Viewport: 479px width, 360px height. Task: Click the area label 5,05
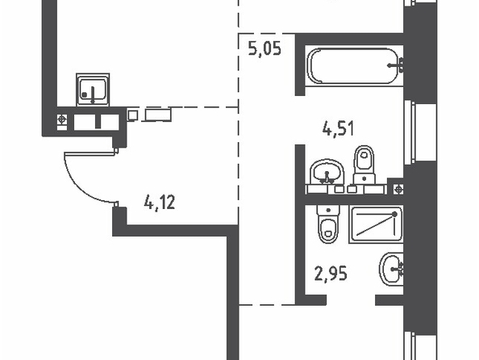(x=264, y=49)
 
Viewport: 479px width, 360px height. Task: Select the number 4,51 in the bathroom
(x=339, y=128)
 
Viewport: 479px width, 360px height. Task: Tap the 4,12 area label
(x=160, y=202)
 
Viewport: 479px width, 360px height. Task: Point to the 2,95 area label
(x=331, y=274)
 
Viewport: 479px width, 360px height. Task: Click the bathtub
(x=354, y=65)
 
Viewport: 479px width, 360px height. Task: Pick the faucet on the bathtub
(x=396, y=65)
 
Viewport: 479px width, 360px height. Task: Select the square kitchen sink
(x=93, y=90)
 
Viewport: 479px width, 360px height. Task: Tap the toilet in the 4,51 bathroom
(x=364, y=165)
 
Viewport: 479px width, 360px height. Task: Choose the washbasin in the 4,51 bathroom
(x=327, y=172)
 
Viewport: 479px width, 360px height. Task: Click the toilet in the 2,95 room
(x=328, y=224)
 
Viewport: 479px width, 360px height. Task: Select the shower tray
(x=376, y=224)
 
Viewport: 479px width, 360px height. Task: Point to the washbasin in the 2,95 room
(x=392, y=269)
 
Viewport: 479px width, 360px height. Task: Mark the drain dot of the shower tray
(x=394, y=215)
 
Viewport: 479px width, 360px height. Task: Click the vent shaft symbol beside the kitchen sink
(x=62, y=119)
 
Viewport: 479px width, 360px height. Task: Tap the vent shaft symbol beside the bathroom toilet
(x=398, y=190)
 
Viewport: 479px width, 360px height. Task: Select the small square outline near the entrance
(x=132, y=115)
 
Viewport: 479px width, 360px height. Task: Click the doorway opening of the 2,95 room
(x=351, y=300)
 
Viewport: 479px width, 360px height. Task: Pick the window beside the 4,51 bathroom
(x=409, y=132)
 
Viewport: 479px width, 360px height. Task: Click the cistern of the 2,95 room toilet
(x=328, y=211)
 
